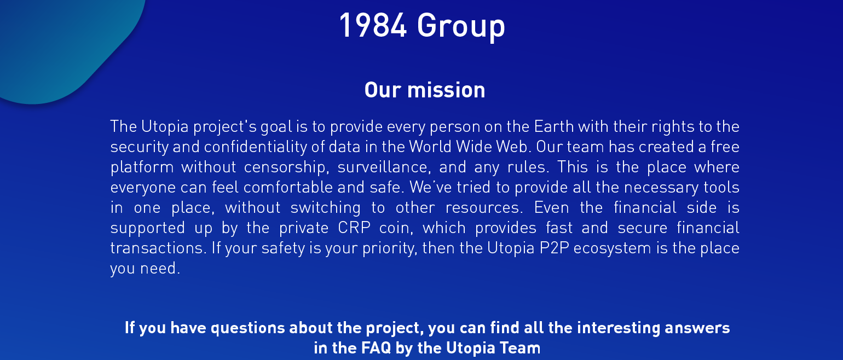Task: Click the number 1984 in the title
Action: click(373, 25)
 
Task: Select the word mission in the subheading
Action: click(446, 90)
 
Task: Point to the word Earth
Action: click(554, 126)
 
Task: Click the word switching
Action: click(326, 208)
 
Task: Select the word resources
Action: click(484, 208)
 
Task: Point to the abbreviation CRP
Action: click(354, 228)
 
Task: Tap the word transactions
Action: click(158, 248)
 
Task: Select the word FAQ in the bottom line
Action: click(377, 348)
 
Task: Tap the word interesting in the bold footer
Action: click(619, 328)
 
